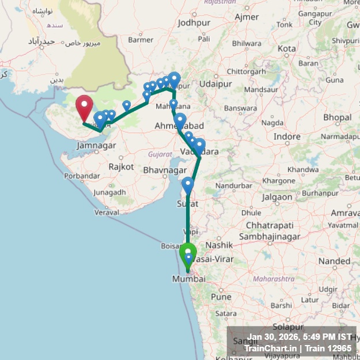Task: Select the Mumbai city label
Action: [x=188, y=279]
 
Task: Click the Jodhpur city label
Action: [x=194, y=23]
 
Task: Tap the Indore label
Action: [x=287, y=137]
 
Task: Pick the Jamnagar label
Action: [x=96, y=146]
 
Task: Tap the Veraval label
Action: [x=107, y=213]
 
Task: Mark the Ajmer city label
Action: [x=247, y=17]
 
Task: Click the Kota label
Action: [x=286, y=49]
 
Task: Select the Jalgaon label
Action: [x=277, y=197]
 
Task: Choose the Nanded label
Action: [x=334, y=261]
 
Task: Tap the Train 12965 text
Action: [x=327, y=348]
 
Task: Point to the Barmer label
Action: [x=141, y=40]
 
